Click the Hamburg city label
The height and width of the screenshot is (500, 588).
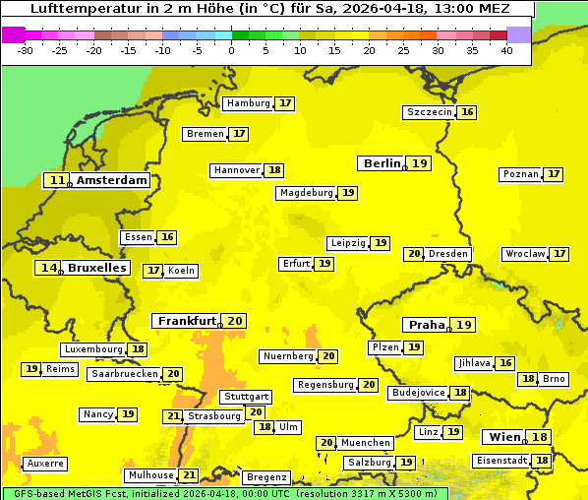(x=248, y=103)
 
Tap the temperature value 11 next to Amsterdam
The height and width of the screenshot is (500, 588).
(x=58, y=180)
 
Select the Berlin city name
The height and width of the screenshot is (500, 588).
(x=382, y=163)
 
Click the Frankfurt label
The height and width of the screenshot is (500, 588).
(x=187, y=321)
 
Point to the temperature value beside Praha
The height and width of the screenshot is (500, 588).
(x=464, y=325)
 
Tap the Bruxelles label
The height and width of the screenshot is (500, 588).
(x=96, y=268)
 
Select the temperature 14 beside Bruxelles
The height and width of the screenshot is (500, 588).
(x=48, y=268)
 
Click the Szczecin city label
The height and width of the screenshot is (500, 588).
(x=430, y=112)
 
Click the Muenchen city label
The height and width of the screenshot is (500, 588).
(x=367, y=443)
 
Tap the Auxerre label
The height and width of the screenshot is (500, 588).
(x=46, y=463)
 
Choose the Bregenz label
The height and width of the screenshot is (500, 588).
(x=266, y=477)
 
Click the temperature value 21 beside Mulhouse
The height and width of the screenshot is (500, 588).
(x=189, y=475)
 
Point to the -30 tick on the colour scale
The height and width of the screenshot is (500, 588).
(x=26, y=49)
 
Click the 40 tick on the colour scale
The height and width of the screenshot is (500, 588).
(x=505, y=49)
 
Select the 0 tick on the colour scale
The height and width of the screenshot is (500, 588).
(x=231, y=49)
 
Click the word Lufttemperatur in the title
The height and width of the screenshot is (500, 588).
(x=77, y=8)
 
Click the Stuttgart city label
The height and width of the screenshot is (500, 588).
(x=245, y=397)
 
